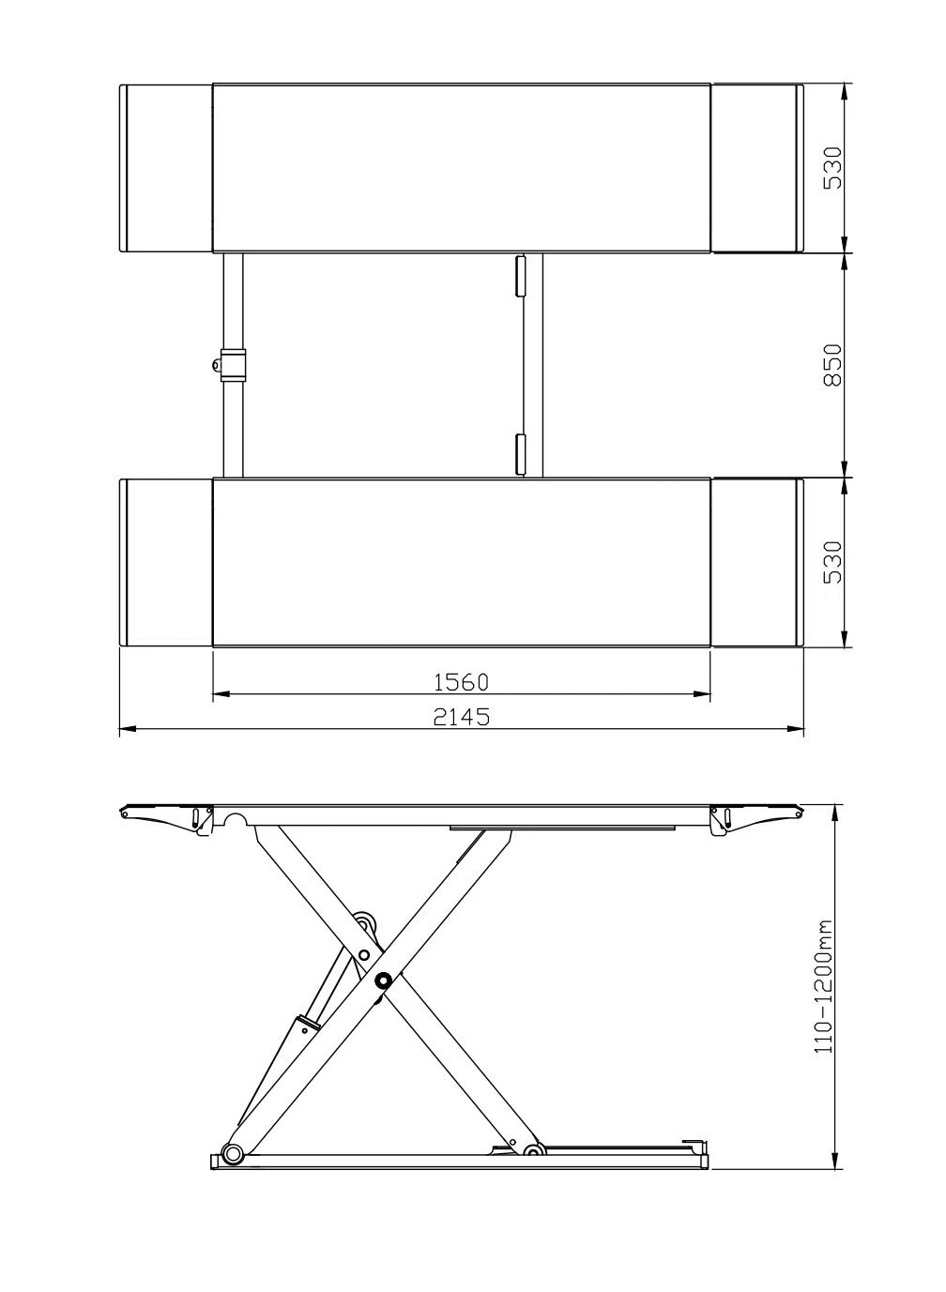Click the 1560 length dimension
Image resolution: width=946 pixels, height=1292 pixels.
(x=460, y=682)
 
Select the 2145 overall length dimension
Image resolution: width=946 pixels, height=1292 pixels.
(x=461, y=717)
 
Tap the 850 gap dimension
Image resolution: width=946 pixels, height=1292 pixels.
(x=833, y=365)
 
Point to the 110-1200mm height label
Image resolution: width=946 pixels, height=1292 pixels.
(x=823, y=986)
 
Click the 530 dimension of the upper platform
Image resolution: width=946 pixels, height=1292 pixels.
(x=833, y=168)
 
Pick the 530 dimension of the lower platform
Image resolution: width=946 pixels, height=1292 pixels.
(x=833, y=562)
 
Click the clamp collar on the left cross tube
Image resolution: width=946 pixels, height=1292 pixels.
(x=233, y=364)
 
